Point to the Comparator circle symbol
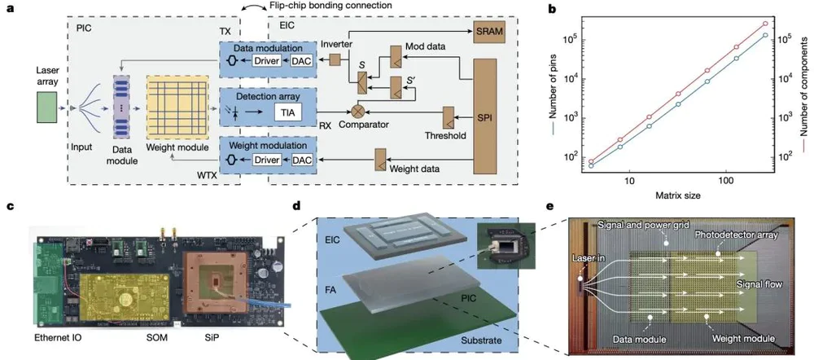357,107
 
